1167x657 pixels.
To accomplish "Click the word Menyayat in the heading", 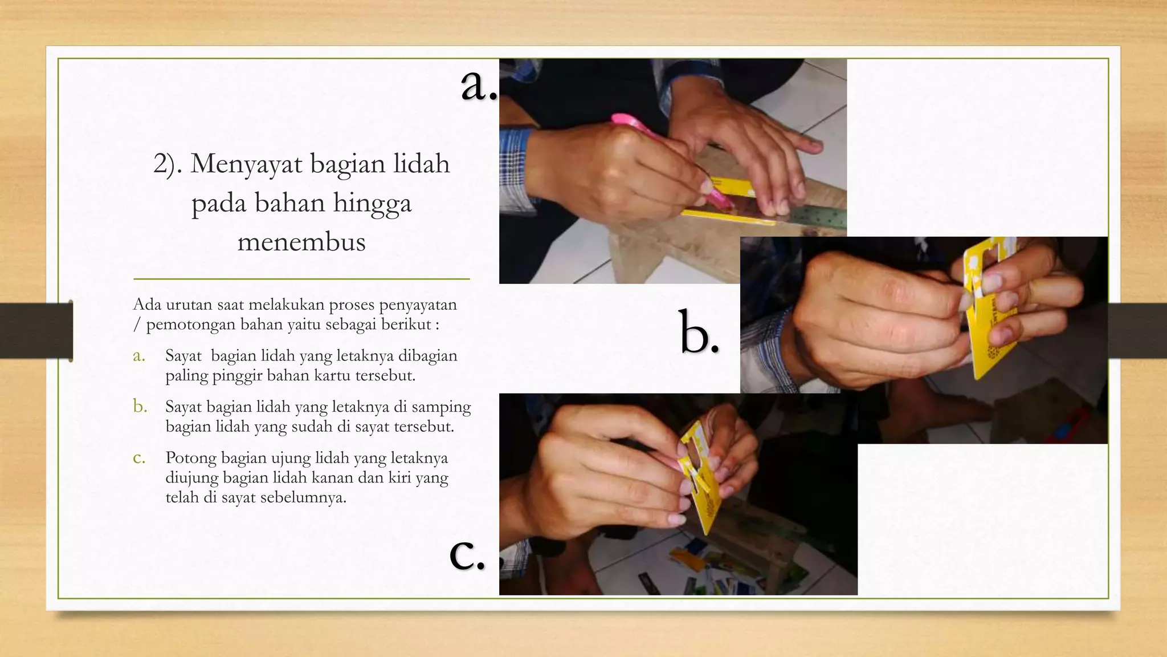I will click(246, 164).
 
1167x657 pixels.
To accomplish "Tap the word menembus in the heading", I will click(301, 242).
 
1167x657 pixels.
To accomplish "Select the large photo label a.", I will click(478, 84).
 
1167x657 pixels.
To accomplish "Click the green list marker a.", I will click(139, 356).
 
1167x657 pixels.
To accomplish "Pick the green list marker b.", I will click(140, 407).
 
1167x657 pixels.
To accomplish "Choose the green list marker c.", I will click(139, 458).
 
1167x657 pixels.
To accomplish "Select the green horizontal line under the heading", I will click(301, 279).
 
